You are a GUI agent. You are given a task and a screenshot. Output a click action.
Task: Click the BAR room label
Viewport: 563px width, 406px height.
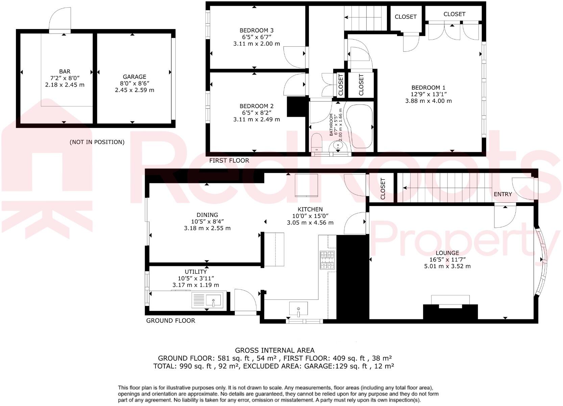[x=65, y=71]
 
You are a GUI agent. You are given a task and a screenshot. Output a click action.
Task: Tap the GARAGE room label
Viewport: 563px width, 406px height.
[x=134, y=77]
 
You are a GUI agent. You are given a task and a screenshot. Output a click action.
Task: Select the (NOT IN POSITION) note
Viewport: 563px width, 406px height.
[x=97, y=142]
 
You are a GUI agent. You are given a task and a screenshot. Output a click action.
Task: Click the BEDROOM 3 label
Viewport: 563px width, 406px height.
[x=256, y=30]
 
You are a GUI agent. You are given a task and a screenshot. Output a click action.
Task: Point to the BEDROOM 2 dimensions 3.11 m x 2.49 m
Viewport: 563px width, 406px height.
[x=256, y=119]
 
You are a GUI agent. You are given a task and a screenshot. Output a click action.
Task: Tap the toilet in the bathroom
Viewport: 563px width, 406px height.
[x=317, y=142]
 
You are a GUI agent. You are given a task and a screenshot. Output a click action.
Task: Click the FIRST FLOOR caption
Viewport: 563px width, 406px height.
[x=229, y=160]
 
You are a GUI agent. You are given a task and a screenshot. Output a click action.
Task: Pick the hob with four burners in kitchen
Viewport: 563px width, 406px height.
[x=327, y=260]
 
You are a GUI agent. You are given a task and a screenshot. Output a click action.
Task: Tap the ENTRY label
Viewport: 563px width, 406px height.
[x=503, y=194]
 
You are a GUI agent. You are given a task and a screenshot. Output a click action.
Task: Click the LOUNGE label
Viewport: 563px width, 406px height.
[x=447, y=253]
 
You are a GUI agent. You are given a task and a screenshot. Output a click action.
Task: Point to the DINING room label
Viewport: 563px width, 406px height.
[x=207, y=215]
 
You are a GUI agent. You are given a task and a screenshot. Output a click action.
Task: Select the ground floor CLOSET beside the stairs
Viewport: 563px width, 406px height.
[x=383, y=189]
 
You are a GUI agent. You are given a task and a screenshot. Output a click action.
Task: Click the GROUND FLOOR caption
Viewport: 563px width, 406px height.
[x=170, y=320]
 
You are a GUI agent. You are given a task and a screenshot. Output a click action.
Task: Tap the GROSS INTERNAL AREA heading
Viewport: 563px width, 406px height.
[x=274, y=351]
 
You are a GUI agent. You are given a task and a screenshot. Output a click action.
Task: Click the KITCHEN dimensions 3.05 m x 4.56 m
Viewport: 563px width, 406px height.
[x=310, y=223]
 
